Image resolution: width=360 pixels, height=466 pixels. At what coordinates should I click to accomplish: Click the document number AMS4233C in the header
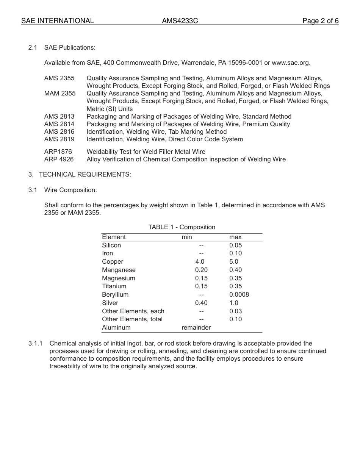[x=180, y=21]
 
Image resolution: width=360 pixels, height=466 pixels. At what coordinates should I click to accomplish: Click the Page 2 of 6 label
[x=320, y=21]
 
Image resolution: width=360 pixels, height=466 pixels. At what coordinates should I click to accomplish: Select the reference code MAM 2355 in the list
[x=60, y=93]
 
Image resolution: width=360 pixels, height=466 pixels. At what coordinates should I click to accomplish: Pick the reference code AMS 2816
[x=59, y=131]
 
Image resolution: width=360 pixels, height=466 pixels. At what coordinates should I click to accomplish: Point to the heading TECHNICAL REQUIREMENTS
[x=85, y=174]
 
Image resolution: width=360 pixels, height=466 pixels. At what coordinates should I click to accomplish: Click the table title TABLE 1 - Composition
[x=182, y=227]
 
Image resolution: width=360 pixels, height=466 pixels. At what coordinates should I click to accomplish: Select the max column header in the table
[x=235, y=237]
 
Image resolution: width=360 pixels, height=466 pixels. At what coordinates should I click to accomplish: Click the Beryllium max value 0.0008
[x=239, y=294]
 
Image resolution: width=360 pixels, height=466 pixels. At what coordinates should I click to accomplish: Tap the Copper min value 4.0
[x=200, y=261]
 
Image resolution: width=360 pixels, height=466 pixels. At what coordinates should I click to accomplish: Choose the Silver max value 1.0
[x=234, y=303]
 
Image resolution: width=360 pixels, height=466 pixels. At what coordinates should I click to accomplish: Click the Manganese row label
[x=119, y=270]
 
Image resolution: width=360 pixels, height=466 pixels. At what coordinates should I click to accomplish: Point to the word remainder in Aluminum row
[x=196, y=327]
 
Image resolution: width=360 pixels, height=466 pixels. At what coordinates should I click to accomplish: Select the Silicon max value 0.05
[x=235, y=245]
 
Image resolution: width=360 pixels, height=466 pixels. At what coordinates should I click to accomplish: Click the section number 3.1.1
[x=35, y=344]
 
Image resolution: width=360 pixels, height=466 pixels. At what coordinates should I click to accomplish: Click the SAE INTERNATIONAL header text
[x=58, y=21]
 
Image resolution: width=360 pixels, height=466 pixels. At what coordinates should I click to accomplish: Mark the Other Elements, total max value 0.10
[x=235, y=319]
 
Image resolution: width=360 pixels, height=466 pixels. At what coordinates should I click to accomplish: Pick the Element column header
[x=114, y=237]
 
